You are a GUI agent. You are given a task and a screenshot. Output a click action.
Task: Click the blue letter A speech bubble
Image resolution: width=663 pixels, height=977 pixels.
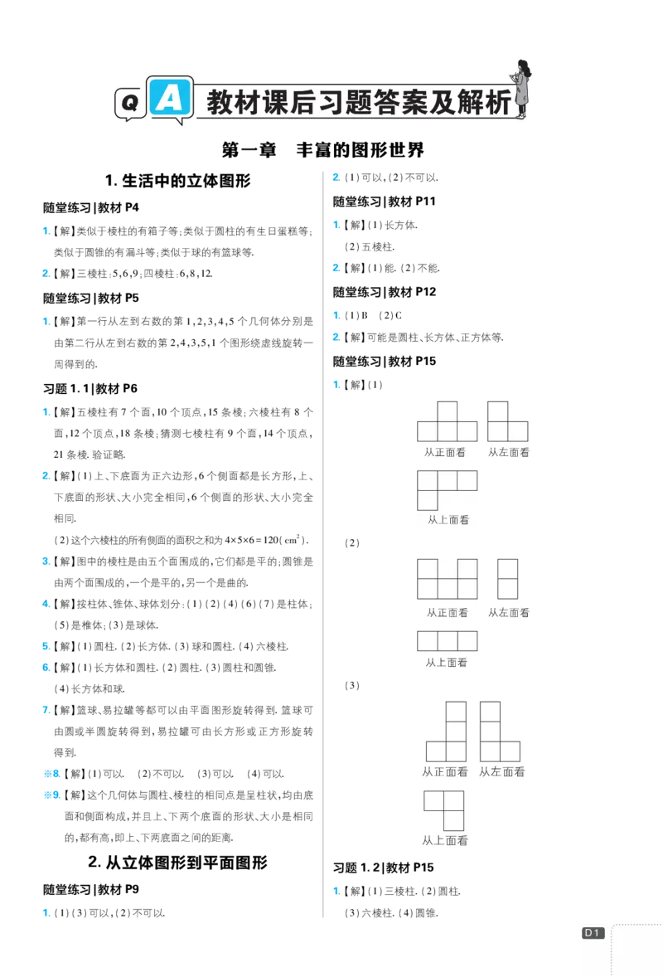[169, 99]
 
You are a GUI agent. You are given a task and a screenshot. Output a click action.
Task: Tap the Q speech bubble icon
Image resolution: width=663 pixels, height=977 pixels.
[131, 104]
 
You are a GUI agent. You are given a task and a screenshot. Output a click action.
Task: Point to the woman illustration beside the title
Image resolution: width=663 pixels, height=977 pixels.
[520, 89]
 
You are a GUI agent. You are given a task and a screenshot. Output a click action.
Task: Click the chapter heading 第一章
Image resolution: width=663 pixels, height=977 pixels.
[249, 150]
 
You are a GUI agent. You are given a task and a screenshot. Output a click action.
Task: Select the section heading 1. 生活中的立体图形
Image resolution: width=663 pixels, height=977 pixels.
[178, 181]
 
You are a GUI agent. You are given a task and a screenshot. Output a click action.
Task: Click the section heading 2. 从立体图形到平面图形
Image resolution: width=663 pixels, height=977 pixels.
[178, 863]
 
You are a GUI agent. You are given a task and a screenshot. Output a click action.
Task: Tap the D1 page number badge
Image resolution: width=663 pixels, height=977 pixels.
[593, 933]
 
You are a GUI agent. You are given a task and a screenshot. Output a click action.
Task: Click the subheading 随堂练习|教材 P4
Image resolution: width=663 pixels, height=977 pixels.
[91, 207]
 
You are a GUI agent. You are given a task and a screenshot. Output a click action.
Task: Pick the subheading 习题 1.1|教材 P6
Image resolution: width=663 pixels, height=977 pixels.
[90, 388]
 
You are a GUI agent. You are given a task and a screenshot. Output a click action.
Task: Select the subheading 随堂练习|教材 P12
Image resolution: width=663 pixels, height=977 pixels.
[385, 292]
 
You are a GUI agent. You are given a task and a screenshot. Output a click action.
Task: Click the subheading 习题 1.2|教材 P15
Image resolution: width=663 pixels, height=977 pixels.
[384, 868]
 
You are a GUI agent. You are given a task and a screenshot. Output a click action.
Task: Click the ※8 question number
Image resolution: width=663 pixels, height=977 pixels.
[51, 774]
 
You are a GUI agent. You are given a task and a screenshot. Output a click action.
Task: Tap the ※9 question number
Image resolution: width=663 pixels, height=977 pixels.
[51, 795]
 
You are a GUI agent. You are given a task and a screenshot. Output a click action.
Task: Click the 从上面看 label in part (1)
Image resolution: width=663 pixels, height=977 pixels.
[448, 520]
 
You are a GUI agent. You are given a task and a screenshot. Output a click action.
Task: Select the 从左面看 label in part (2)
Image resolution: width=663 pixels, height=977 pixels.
[509, 613]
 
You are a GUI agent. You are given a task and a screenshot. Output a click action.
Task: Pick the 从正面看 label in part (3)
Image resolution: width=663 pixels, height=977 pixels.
[445, 772]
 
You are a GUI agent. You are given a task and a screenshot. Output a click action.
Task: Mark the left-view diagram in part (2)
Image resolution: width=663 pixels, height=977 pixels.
[508, 579]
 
